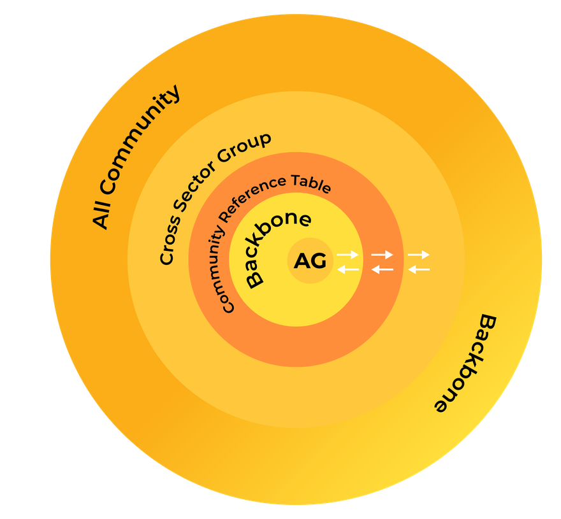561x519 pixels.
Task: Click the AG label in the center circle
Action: [310, 261]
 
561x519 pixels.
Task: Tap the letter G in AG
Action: [317, 261]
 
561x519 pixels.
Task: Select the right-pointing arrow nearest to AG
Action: [348, 255]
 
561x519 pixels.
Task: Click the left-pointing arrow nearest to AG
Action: [348, 269]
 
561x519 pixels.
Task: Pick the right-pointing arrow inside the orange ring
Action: [382, 255]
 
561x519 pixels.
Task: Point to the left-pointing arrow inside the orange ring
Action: [382, 269]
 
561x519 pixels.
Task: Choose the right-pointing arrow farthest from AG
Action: [419, 255]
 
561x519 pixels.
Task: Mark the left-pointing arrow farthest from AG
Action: [419, 269]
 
